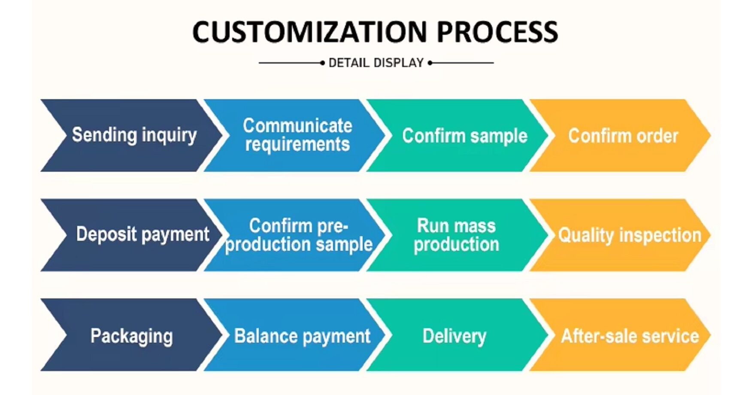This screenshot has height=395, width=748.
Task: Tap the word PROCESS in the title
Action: [497, 32]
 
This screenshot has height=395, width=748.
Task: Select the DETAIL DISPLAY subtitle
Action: [376, 63]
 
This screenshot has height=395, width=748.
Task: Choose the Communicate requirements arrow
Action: [296, 136]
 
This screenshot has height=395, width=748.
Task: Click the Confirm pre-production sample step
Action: [296, 235]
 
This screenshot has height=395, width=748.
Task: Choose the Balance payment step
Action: [296, 335]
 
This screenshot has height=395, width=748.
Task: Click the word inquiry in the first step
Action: [169, 136]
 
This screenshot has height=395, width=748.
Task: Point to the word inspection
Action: [660, 235]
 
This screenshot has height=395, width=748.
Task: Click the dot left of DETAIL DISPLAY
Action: [322, 63]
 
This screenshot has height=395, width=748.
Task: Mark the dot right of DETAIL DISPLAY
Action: [430, 63]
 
